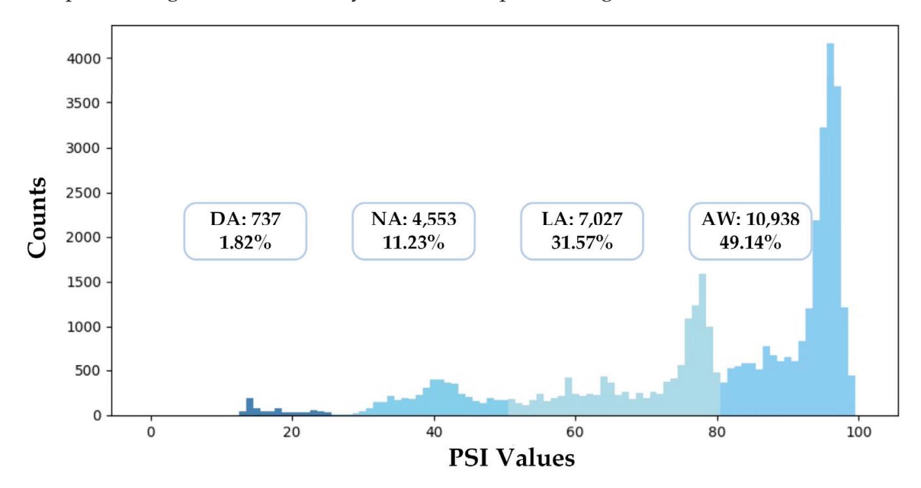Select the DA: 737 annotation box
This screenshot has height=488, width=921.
coord(245,231)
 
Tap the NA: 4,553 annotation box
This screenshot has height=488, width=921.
coord(414,231)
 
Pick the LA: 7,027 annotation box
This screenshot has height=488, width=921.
coord(582,231)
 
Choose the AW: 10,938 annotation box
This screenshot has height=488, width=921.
coord(750,231)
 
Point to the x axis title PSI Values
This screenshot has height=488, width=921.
coord(512,459)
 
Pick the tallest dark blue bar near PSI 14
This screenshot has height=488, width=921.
coord(249,406)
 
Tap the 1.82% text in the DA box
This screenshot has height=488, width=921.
coord(245,244)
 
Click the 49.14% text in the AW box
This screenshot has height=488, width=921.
coord(750,244)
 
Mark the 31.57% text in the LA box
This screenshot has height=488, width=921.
coord(582,244)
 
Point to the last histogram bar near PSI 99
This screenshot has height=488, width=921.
coord(851,396)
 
